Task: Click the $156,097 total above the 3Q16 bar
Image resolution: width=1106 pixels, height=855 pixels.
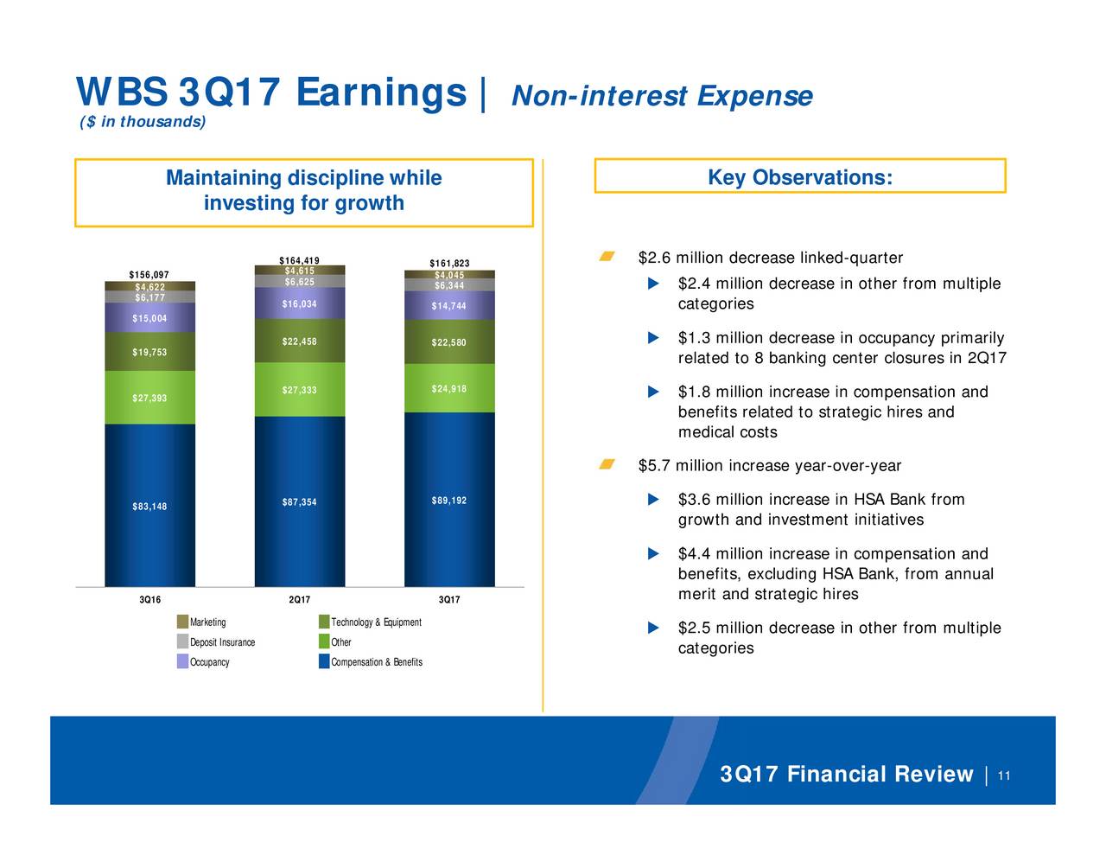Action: pos(149,274)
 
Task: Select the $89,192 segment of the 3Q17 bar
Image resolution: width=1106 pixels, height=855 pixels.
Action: pos(449,500)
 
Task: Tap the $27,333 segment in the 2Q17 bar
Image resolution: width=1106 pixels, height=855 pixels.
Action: pos(300,390)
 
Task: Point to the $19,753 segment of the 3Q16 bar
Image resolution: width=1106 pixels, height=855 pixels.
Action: pos(150,351)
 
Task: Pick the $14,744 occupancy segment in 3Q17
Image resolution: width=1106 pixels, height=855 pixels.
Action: pos(449,305)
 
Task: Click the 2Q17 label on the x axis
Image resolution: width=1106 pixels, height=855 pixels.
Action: pos(299,599)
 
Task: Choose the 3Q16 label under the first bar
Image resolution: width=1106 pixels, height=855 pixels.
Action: pos(149,599)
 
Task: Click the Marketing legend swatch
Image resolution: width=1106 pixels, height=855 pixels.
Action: pos(182,622)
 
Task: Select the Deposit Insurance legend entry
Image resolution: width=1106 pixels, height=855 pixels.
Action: pos(216,641)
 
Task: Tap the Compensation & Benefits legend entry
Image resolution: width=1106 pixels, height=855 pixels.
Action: pos(371,661)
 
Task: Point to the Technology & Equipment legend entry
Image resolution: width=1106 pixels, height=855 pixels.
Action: pos(370,622)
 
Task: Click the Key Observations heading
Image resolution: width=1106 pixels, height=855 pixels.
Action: pos(800,177)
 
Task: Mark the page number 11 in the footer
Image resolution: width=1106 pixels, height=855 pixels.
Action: pos(1004,775)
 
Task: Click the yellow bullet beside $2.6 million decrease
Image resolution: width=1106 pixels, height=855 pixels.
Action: pos(607,256)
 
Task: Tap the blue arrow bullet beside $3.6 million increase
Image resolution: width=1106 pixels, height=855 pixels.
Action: pos(653,499)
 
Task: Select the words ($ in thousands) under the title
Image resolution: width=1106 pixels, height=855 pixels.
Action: pos(143,122)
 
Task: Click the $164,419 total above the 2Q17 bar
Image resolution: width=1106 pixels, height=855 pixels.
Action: pos(299,261)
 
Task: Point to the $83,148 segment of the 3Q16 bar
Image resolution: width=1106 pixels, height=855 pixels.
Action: pos(150,505)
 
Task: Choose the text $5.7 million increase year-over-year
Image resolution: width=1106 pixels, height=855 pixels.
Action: pos(770,465)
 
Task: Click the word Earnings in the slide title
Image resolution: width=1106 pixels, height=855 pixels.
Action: pos(381,93)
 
